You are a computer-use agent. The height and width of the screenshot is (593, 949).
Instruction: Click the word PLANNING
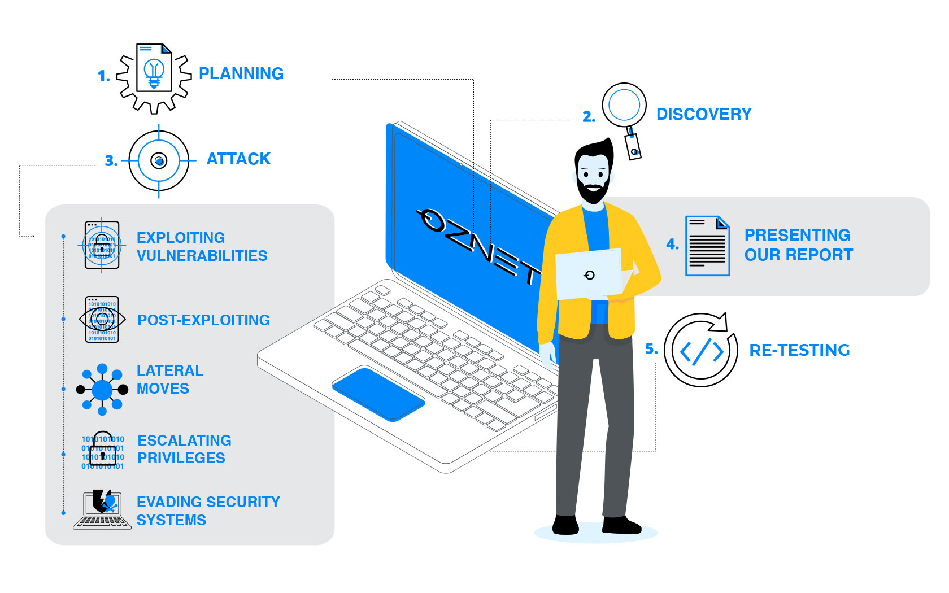pyautogui.click(x=241, y=73)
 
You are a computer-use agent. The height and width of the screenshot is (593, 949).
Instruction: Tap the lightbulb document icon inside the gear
pyautogui.click(x=154, y=68)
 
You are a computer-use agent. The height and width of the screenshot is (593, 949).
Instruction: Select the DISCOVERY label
pyautogui.click(x=704, y=114)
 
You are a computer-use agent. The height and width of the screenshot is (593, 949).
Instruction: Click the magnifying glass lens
pyautogui.click(x=624, y=105)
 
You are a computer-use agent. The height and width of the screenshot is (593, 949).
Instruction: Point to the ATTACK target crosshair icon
pyautogui.click(x=159, y=161)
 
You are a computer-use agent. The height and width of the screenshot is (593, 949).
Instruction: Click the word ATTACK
pyautogui.click(x=238, y=159)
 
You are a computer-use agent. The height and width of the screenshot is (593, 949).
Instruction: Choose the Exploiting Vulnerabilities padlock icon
pyautogui.click(x=102, y=245)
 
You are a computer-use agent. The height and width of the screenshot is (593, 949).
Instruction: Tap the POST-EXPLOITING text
pyautogui.click(x=204, y=320)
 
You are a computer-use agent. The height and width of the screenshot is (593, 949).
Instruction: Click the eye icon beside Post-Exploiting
pyautogui.click(x=102, y=320)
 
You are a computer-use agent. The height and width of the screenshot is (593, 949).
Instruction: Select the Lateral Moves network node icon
pyautogui.click(x=102, y=390)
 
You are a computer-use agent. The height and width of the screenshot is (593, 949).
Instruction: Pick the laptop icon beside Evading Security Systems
pyautogui.click(x=102, y=509)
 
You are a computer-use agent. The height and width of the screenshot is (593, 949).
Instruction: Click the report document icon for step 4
pyautogui.click(x=707, y=246)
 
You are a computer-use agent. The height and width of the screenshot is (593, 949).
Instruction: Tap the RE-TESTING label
pyautogui.click(x=799, y=350)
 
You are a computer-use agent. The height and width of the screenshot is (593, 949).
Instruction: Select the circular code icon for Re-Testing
pyautogui.click(x=701, y=350)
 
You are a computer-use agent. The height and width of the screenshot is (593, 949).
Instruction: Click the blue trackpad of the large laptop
pyautogui.click(x=378, y=394)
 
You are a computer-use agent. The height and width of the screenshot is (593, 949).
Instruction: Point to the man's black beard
pyautogui.click(x=592, y=191)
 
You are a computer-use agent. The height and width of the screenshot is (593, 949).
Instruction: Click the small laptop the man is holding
pyautogui.click(x=589, y=274)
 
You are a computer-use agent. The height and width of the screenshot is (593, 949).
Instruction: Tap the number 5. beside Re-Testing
pyautogui.click(x=651, y=349)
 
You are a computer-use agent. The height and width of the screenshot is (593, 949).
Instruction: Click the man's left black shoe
pyautogui.click(x=565, y=525)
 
